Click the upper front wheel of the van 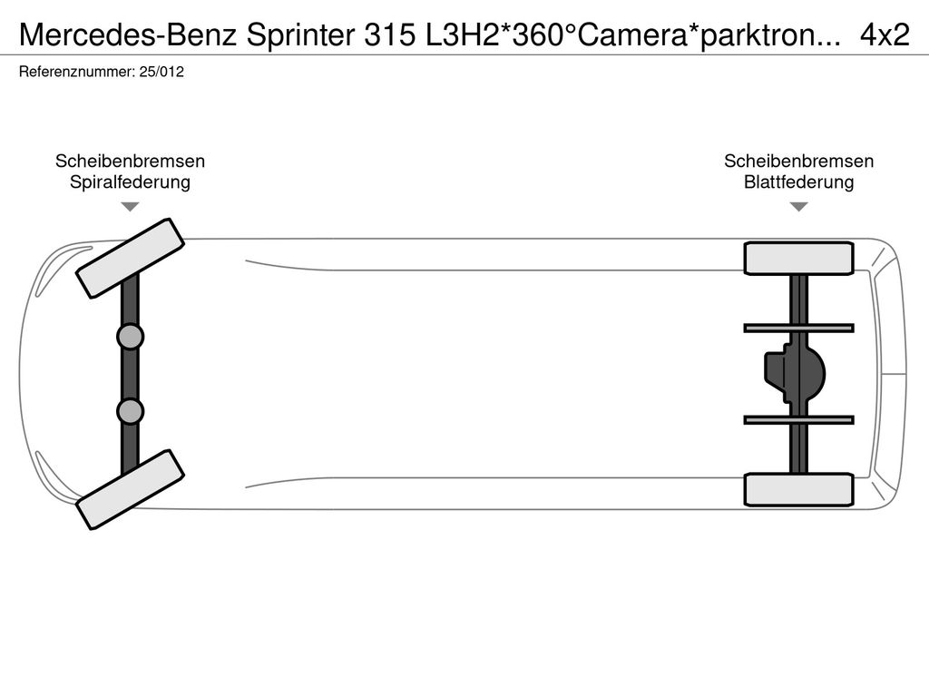coord(130,258)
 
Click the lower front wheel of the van coord(130,488)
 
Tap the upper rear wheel coord(798,258)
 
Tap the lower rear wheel coord(798,489)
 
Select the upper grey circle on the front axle coord(130,337)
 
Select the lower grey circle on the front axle coord(130,411)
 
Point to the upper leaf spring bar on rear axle coord(798,327)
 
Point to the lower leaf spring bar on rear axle coord(798,419)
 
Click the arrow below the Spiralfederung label coord(130,207)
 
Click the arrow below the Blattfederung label coord(798,207)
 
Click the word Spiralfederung coord(130,182)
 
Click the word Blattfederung coord(798,182)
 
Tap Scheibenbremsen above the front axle coord(130,162)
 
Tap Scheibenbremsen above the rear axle coord(798,162)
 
